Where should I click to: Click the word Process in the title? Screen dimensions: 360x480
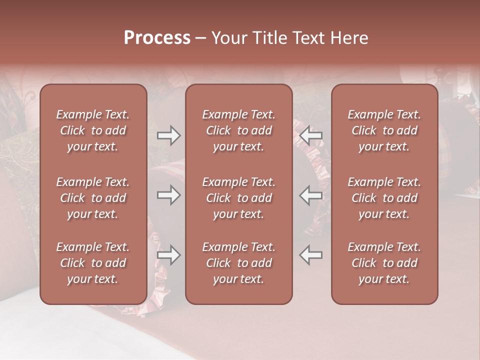coord(157,38)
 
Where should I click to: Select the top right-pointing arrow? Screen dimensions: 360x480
coord(168,135)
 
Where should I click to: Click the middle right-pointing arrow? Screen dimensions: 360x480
coord(168,195)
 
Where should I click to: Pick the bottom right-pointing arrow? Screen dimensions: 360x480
coord(168,255)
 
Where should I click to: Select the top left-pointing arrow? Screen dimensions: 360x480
coord(311,135)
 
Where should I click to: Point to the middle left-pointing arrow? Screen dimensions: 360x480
coord(311,195)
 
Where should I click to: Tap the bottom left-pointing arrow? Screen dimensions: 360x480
coord(311,255)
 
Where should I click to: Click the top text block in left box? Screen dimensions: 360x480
coord(93,130)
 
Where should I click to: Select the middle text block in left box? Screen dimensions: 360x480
coord(93,198)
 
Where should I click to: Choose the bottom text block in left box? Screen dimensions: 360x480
coord(93,263)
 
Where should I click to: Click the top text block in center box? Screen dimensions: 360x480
coord(238,130)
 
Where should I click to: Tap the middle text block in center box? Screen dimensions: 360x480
coord(238,198)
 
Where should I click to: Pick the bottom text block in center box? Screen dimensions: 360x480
coord(238,263)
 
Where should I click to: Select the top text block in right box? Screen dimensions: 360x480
coord(384,130)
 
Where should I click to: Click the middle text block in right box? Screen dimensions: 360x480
coord(384,198)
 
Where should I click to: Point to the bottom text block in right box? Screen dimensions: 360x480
coord(384,263)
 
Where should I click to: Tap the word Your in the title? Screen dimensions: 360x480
coord(228,38)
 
